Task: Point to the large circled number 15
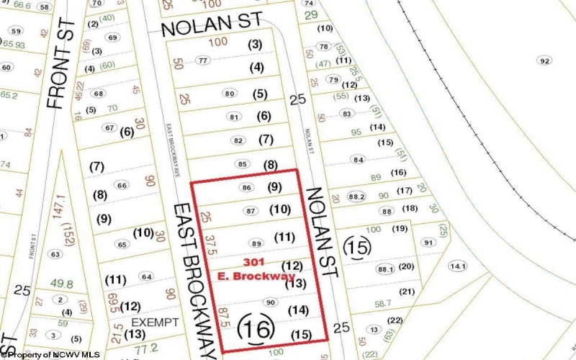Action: click(x=359, y=248)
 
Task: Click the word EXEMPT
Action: click(x=154, y=322)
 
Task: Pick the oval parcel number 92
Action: click(x=544, y=60)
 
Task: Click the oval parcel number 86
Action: click(x=247, y=188)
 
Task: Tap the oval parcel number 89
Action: click(x=256, y=244)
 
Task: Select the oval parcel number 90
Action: click(x=271, y=302)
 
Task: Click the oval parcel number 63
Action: click(x=54, y=254)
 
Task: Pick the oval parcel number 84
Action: click(x=356, y=159)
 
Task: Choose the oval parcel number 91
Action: click(x=429, y=243)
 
